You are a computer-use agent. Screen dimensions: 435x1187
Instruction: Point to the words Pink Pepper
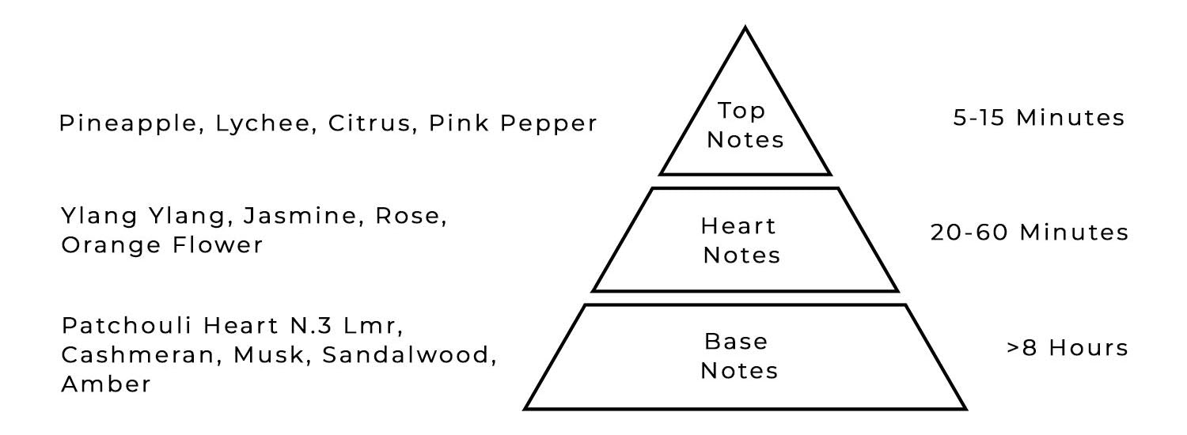514,124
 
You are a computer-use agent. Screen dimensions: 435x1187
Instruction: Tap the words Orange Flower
161,245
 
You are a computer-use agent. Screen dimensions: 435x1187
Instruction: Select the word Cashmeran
139,355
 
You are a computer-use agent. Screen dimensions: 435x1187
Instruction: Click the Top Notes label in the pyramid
745,125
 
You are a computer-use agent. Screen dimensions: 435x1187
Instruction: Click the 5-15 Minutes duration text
1037,118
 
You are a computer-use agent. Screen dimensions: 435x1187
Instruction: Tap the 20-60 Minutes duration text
1028,233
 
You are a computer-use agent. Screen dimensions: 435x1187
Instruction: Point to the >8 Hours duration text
1067,348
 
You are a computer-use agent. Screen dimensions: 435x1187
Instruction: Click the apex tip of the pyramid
745,28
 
